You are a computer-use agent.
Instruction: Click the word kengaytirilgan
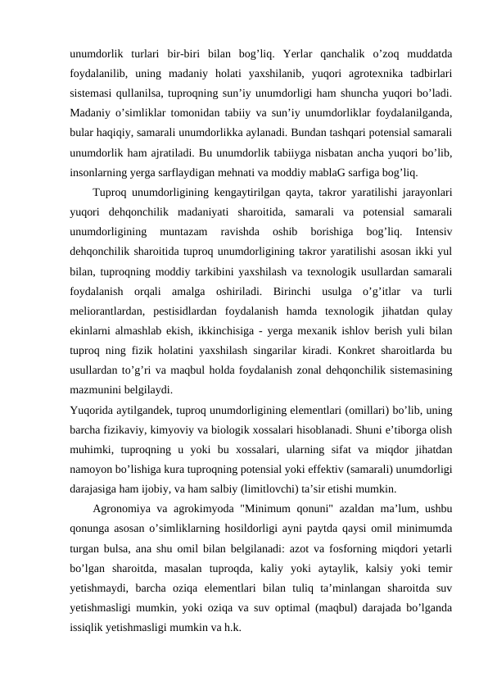243,193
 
